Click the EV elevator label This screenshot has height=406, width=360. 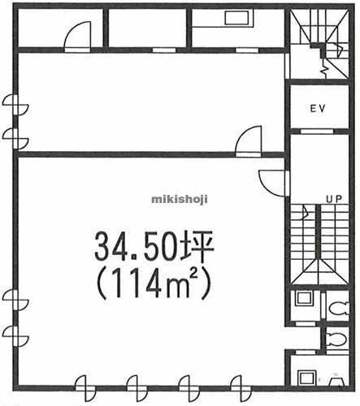(317, 109)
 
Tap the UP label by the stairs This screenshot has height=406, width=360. (334, 199)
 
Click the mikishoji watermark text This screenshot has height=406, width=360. (180, 200)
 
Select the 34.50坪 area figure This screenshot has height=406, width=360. (154, 247)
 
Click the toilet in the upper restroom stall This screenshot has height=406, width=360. (339, 308)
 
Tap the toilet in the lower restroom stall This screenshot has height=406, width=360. (336, 339)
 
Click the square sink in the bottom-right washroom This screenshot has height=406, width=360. (306, 378)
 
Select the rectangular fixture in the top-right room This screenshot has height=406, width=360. (236, 18)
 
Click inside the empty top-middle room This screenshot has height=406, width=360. (148, 28)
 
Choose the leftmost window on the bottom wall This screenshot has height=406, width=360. (85, 388)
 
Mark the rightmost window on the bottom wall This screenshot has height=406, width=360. (241, 388)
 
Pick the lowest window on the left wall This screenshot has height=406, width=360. (15, 336)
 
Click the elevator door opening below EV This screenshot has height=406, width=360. (317, 132)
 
